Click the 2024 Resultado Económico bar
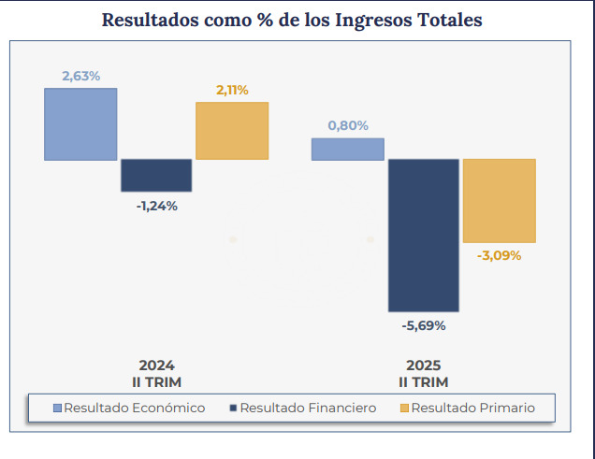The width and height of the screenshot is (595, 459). coord(80,124)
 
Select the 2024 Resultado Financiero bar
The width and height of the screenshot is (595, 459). coord(156,175)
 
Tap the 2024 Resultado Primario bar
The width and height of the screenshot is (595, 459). coord(232,131)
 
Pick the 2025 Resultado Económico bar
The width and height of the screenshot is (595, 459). coord(347,150)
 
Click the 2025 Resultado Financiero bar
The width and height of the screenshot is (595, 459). coord(424,235)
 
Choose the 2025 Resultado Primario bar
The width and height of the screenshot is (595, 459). coord(500,201)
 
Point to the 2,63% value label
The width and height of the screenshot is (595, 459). coord(80,76)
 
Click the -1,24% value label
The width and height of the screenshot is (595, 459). coord(156,206)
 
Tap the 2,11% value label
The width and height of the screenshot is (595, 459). coord(232,90)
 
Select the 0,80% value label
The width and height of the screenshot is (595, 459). coord(347,125)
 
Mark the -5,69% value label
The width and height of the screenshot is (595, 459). coord(424,326)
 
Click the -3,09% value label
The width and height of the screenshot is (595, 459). coord(500,255)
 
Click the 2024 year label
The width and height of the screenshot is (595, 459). coord(156,366)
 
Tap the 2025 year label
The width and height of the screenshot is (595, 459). coord(424,366)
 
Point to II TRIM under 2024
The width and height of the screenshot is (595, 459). coord(156,382)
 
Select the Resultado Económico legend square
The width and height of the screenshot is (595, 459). coord(57,409)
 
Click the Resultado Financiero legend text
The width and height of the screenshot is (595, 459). coord(308,409)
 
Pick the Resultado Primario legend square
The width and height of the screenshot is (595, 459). coord(404,409)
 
